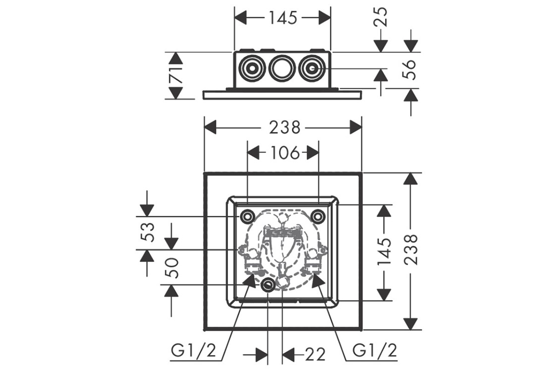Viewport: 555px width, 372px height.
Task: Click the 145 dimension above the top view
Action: pyautogui.click(x=283, y=18)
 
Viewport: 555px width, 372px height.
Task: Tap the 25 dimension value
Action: pyautogui.click(x=381, y=17)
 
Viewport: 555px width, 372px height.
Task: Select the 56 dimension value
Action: pyautogui.click(x=410, y=69)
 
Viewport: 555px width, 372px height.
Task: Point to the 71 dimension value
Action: pyautogui.click(x=175, y=75)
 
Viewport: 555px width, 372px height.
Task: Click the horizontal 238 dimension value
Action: pyautogui.click(x=284, y=127)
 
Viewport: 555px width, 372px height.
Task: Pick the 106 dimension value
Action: pyautogui.click(x=285, y=153)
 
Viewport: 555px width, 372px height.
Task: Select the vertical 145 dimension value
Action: pyautogui.click(x=385, y=252)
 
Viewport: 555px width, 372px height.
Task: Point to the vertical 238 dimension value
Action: pyautogui.click(x=411, y=249)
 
